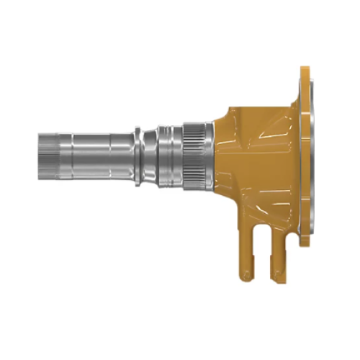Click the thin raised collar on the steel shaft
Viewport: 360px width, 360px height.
(x=137, y=155)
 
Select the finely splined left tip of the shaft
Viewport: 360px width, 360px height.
(x=45, y=155)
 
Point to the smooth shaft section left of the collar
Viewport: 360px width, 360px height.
(x=94, y=155)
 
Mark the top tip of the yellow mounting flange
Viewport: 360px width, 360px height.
(x=305, y=70)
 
